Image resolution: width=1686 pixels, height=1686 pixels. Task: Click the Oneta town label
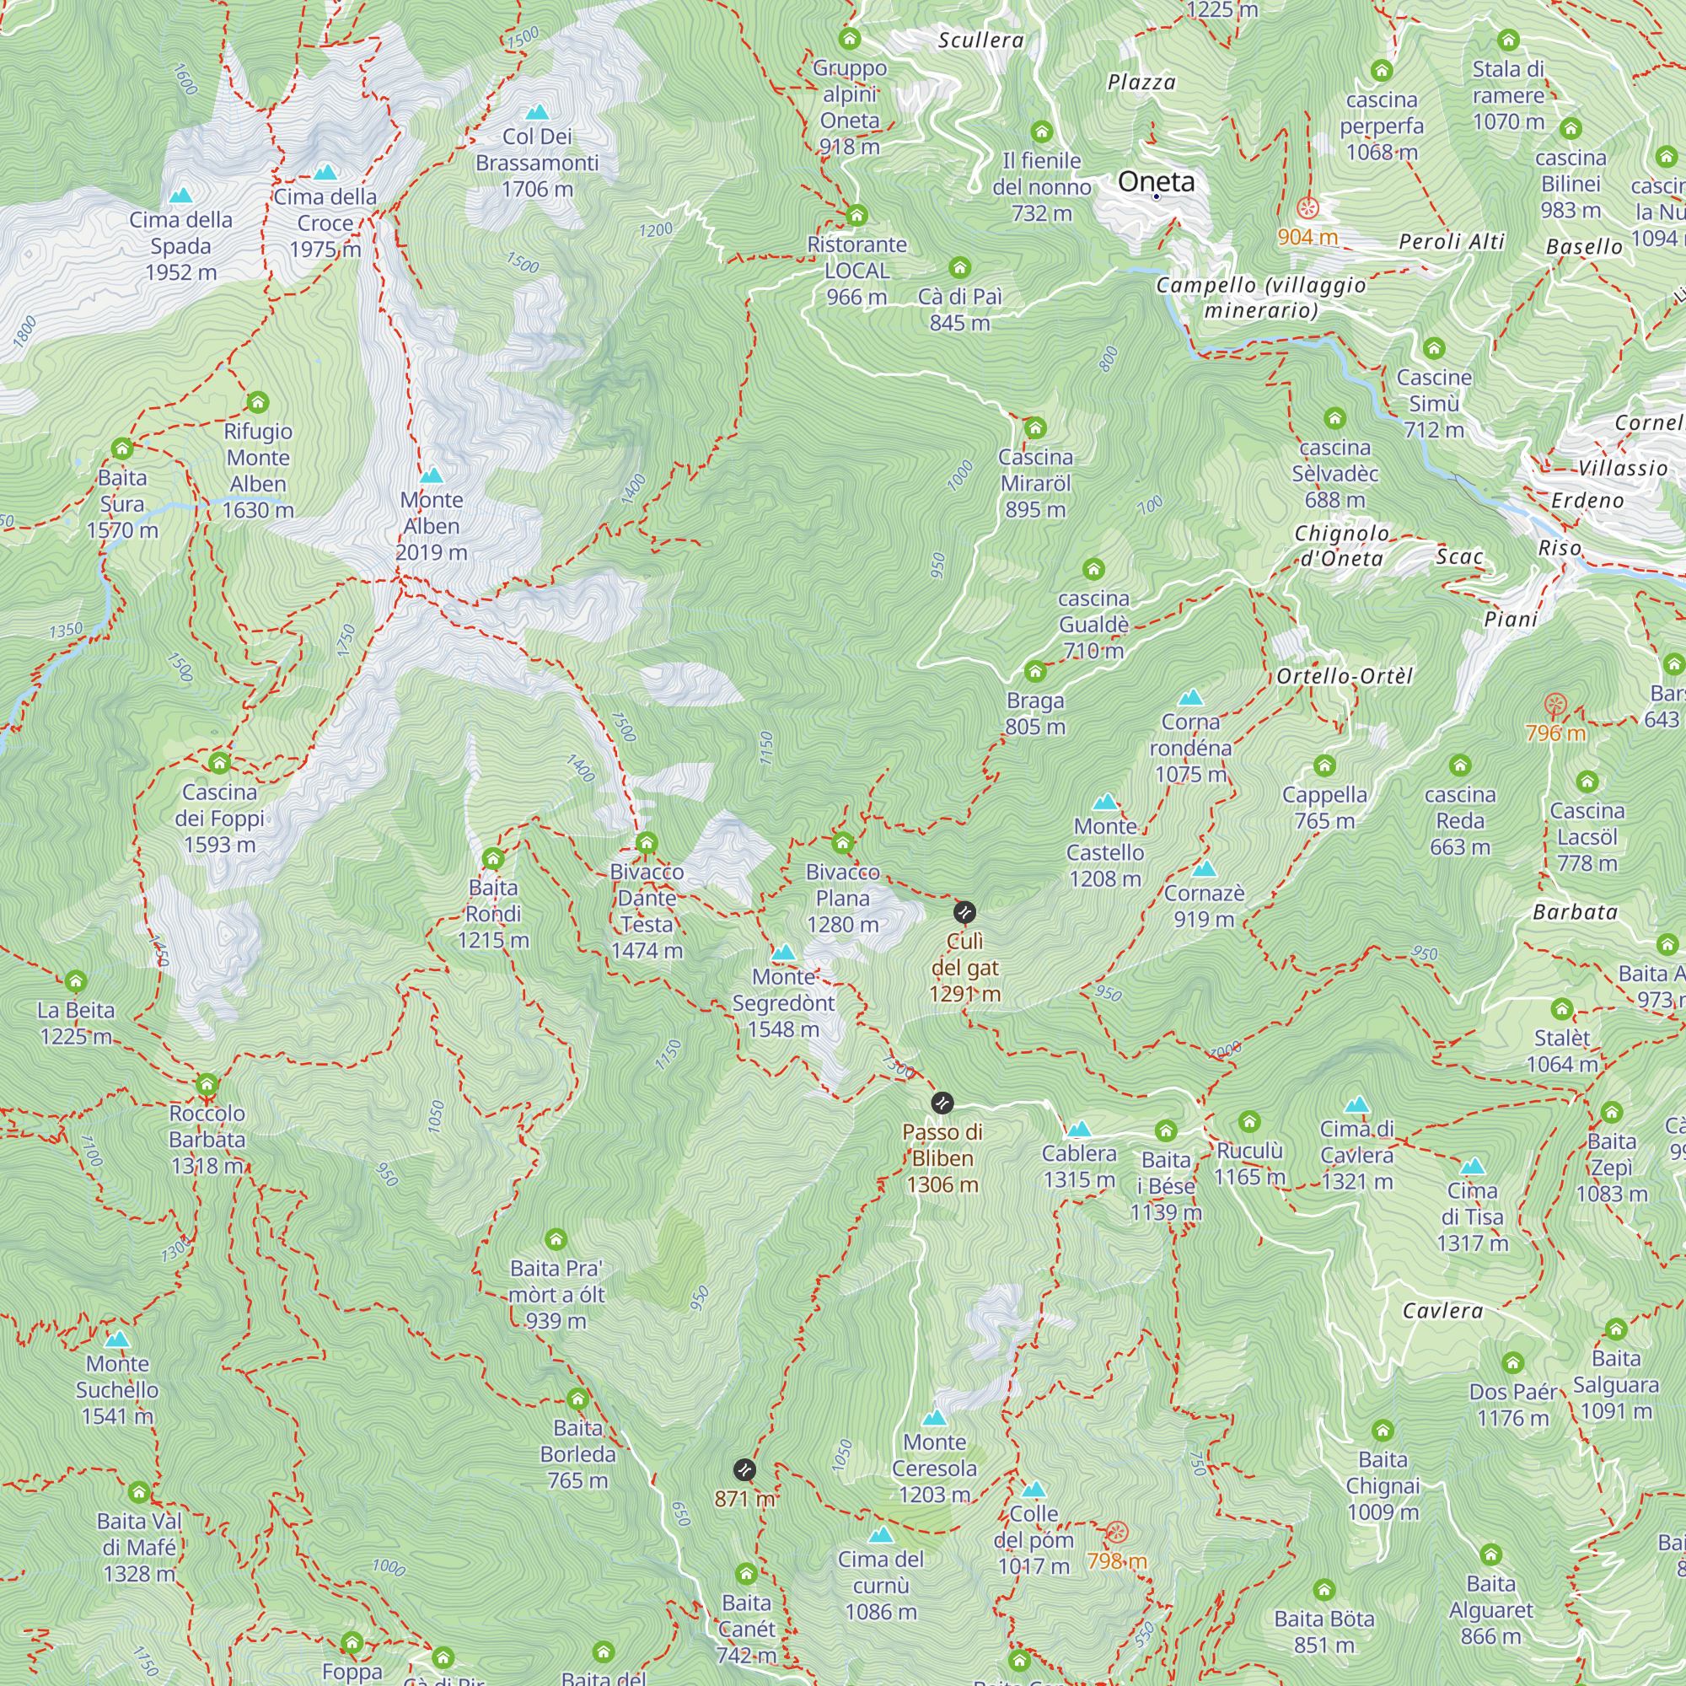tap(1157, 181)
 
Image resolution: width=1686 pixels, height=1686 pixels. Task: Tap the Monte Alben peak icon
tap(432, 475)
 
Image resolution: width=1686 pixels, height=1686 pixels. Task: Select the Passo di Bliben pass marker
tap(942, 1102)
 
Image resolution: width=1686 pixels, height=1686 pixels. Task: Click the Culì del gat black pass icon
tap(964, 913)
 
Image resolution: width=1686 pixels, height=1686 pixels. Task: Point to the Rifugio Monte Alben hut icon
tap(257, 402)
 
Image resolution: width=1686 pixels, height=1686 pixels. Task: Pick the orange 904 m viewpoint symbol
tap(1307, 207)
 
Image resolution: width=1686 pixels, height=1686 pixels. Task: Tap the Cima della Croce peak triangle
tap(325, 172)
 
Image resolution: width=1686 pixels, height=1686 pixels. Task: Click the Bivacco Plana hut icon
tap(842, 843)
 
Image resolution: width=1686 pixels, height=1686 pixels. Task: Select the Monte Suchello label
tap(117, 1389)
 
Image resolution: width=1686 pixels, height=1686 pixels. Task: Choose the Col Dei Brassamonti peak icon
tap(538, 112)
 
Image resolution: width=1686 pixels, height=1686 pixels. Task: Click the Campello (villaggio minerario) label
tap(1260, 298)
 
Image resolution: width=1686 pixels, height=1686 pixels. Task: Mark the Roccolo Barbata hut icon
tap(207, 1085)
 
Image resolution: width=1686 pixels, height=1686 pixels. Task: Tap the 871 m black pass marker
tap(744, 1470)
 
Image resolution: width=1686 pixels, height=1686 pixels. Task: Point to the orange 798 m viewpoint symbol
tap(1117, 1533)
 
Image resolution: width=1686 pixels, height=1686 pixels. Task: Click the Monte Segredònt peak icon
tap(784, 952)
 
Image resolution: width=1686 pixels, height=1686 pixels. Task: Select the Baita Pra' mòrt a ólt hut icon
tap(556, 1239)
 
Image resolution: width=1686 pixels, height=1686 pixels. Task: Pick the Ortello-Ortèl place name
tap(1344, 676)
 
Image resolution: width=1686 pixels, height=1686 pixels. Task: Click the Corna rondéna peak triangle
tap(1191, 697)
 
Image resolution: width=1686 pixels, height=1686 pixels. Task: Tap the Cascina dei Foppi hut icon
tap(220, 764)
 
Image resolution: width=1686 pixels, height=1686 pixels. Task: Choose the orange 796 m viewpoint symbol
tap(1555, 704)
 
